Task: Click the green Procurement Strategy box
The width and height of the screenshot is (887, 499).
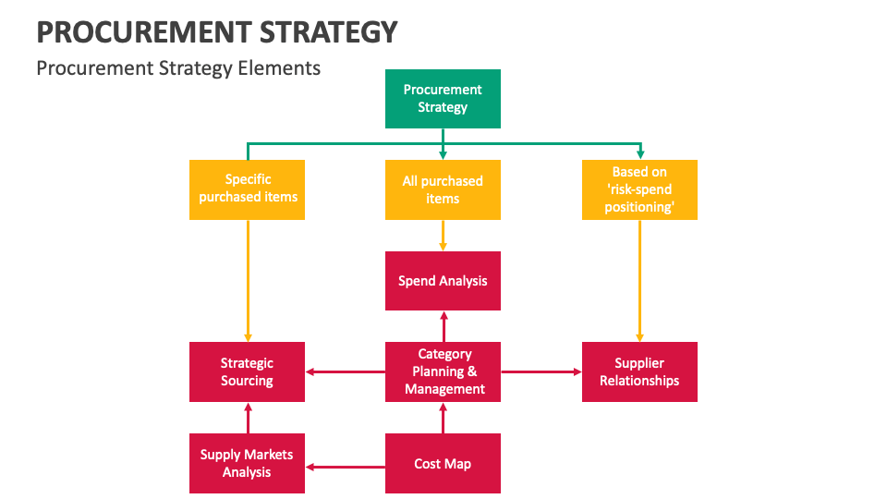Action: [443, 99]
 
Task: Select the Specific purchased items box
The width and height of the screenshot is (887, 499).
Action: [248, 189]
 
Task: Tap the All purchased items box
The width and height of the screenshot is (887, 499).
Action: [443, 189]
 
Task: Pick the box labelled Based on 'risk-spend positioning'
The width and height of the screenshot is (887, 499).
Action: [639, 189]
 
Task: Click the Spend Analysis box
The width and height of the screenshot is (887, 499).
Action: [443, 281]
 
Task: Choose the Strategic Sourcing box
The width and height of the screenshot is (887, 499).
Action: [248, 371]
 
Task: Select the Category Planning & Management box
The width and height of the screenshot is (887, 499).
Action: [443, 371]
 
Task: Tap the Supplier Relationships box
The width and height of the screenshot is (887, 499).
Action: [639, 371]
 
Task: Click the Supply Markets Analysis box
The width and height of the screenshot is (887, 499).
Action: [248, 463]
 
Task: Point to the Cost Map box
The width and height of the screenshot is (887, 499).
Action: [443, 463]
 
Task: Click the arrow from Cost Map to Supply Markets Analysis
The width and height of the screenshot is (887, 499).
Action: [346, 468]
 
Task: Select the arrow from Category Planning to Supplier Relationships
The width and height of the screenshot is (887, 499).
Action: [541, 371]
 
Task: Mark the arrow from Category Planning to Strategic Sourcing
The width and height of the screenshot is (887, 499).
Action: [346, 371]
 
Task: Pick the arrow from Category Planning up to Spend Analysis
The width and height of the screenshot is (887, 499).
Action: [444, 326]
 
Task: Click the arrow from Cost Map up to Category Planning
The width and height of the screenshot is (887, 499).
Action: [443, 418]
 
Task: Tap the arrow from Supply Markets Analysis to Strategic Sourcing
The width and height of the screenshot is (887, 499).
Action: [248, 418]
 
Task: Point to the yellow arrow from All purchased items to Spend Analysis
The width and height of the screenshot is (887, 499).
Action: [443, 236]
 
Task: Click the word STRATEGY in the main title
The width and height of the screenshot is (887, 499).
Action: [329, 31]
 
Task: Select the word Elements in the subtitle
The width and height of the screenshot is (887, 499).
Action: [279, 67]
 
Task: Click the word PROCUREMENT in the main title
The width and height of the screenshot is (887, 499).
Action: [144, 31]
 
